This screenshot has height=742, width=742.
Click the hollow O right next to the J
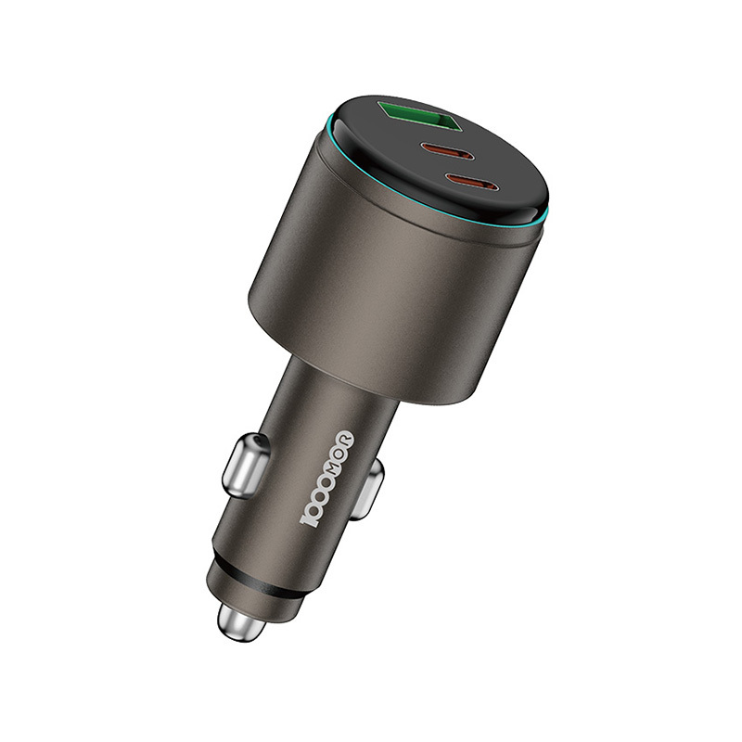[x=314, y=505]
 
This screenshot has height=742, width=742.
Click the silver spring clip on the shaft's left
[x=246, y=465]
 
